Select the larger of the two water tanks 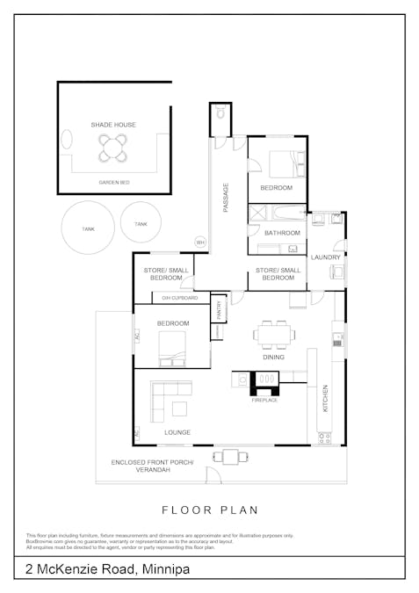(x=87, y=228)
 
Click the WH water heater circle (x=200, y=242)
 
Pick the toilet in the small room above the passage (x=220, y=114)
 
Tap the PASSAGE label (x=226, y=196)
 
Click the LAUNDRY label (x=325, y=257)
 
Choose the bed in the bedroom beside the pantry (x=172, y=357)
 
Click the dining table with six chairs (x=273, y=334)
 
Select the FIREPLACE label (x=264, y=400)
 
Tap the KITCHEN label (x=324, y=397)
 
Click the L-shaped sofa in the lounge (x=167, y=400)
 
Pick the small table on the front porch (x=230, y=456)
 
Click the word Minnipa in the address (x=164, y=570)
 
